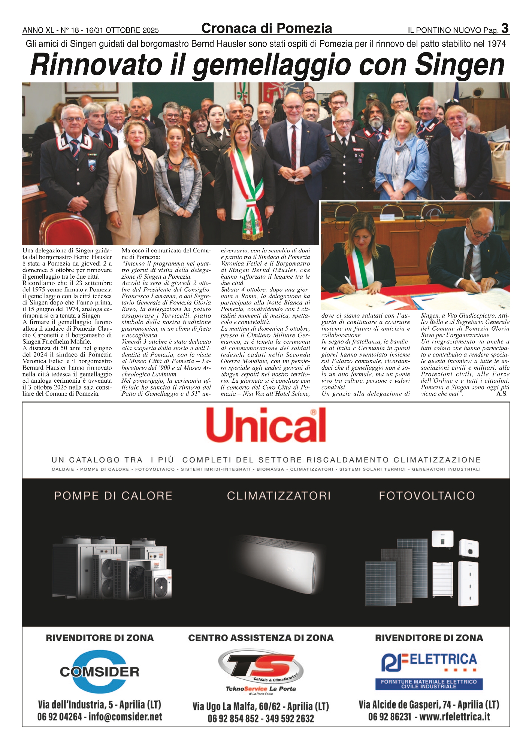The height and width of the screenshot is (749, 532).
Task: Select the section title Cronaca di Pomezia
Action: (x=266, y=28)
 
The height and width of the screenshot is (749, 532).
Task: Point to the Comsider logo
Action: (x=100, y=671)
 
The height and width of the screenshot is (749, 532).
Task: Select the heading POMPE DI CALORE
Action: (x=113, y=496)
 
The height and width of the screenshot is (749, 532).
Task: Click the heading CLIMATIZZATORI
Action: (x=279, y=496)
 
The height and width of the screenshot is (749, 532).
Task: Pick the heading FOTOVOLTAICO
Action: (x=427, y=496)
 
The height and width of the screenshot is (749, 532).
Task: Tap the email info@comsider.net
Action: (x=125, y=717)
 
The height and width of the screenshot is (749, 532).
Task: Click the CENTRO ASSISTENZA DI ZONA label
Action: (x=261, y=638)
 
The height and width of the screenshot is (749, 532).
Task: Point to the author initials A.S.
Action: (x=502, y=394)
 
